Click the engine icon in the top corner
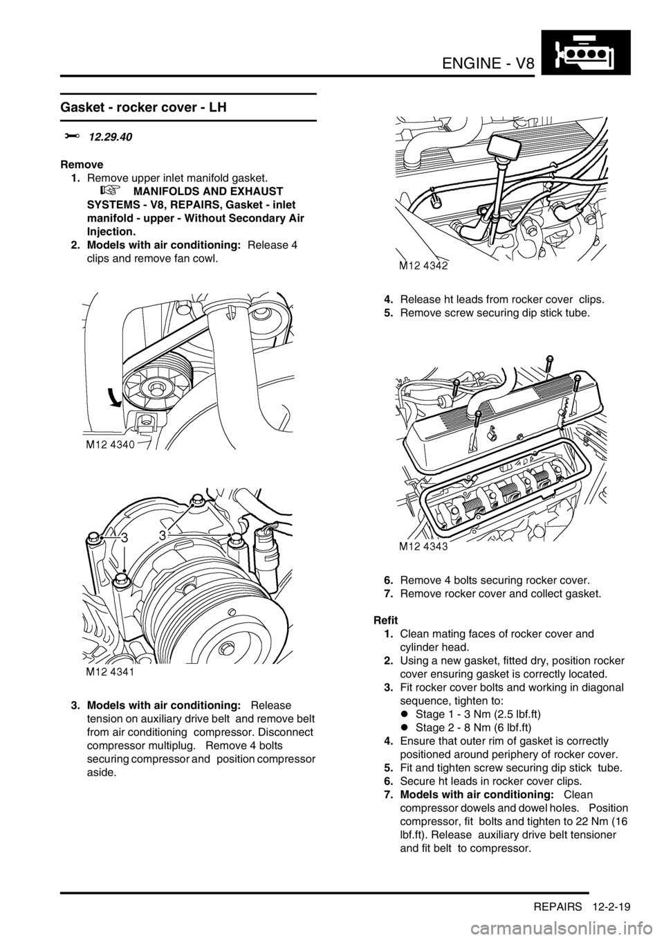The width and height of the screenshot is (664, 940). point(585,53)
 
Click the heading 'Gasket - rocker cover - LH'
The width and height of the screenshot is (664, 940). point(144,108)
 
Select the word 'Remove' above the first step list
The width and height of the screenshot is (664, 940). point(82,164)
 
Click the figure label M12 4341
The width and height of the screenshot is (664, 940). point(110,672)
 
